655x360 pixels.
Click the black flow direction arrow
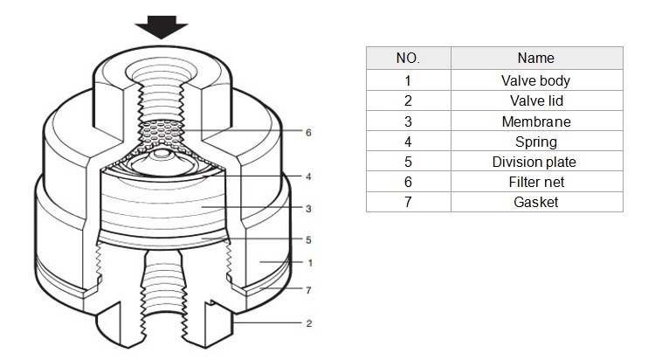click(162, 27)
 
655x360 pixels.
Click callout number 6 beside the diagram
click(308, 133)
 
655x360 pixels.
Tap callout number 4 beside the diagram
click(308, 177)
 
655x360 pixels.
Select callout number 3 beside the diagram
click(308, 209)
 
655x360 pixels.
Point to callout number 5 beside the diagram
click(308, 240)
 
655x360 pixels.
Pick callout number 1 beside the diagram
click(310, 263)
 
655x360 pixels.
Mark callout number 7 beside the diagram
click(308, 290)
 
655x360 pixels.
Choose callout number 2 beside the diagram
click(308, 323)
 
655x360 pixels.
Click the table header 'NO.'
click(408, 59)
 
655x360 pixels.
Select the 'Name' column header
click(536, 59)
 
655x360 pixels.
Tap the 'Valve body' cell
click(536, 80)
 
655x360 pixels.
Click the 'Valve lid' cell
click(536, 100)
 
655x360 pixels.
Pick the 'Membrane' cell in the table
click(536, 121)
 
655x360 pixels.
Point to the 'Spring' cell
click(536, 142)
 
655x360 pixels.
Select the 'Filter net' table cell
click(536, 182)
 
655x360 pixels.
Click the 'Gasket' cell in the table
click(536, 202)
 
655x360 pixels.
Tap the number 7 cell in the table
click(408, 202)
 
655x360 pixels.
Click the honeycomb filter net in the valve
click(162, 134)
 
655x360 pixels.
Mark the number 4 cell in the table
click(408, 142)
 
